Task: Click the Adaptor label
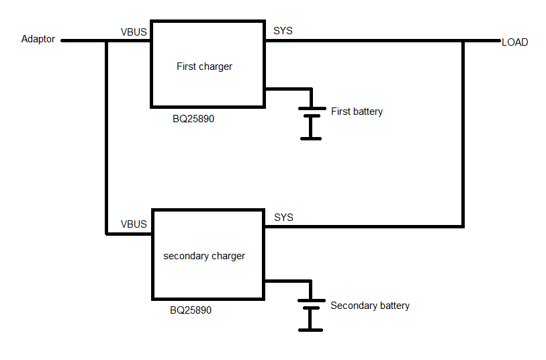(x=38, y=39)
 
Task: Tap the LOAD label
(x=514, y=42)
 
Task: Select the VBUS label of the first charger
(x=134, y=32)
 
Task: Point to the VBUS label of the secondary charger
(x=134, y=224)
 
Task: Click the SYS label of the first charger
(x=283, y=31)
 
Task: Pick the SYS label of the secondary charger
(x=283, y=218)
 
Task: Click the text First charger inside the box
(x=204, y=66)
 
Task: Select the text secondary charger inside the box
(x=204, y=256)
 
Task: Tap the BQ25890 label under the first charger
(x=193, y=119)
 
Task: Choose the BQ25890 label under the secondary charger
(x=191, y=310)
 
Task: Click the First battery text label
(x=357, y=111)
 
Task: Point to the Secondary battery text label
(x=370, y=306)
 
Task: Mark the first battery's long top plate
(x=312, y=109)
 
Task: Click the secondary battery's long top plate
(x=312, y=300)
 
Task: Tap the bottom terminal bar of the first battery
(x=311, y=138)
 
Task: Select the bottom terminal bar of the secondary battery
(x=310, y=330)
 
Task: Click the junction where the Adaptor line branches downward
(x=107, y=41)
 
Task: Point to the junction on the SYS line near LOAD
(x=463, y=41)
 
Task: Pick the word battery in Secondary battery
(x=394, y=306)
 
